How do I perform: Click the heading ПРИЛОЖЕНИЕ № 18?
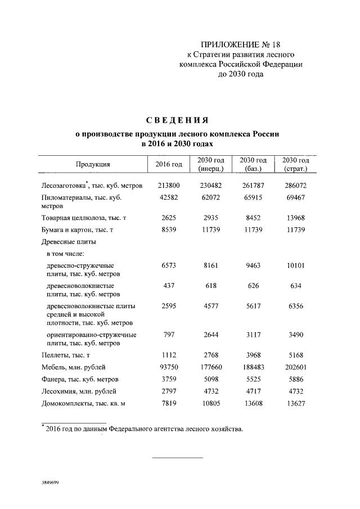tap(241, 44)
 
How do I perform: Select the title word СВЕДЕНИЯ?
tap(177, 120)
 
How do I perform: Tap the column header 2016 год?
tap(169, 164)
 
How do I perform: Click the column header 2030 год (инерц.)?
tap(211, 164)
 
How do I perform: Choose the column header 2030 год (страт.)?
tap(295, 164)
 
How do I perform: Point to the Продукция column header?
tap(93, 164)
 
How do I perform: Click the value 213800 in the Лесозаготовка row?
tap(169, 185)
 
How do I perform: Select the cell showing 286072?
tap(295, 185)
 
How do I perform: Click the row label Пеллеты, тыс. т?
tap(66, 355)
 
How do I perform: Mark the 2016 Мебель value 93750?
tap(169, 367)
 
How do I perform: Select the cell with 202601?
tap(295, 367)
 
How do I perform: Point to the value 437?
tap(169, 286)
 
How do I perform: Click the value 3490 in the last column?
tap(295, 335)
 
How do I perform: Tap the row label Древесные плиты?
tap(69, 242)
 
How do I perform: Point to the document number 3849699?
tap(49, 483)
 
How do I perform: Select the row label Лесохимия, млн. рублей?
tap(81, 390)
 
